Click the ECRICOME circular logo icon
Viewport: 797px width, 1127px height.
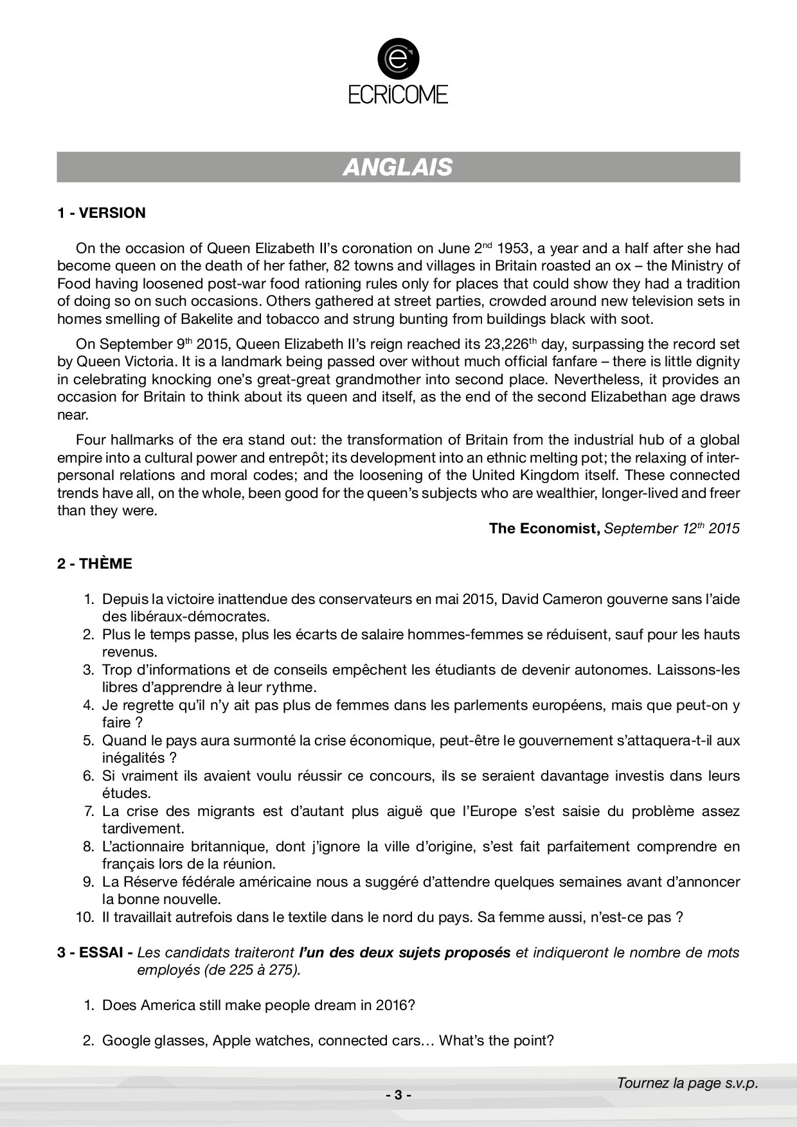point(398,60)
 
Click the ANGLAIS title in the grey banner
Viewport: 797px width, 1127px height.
point(398,167)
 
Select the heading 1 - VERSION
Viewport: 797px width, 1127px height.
point(102,213)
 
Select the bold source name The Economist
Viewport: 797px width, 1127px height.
point(544,528)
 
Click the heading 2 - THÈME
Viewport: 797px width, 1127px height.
point(94,563)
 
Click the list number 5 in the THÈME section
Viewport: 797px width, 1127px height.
point(89,741)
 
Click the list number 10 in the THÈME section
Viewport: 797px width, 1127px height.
point(85,918)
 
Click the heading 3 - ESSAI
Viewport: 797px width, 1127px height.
point(95,953)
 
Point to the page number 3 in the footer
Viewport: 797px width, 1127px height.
point(398,1096)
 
